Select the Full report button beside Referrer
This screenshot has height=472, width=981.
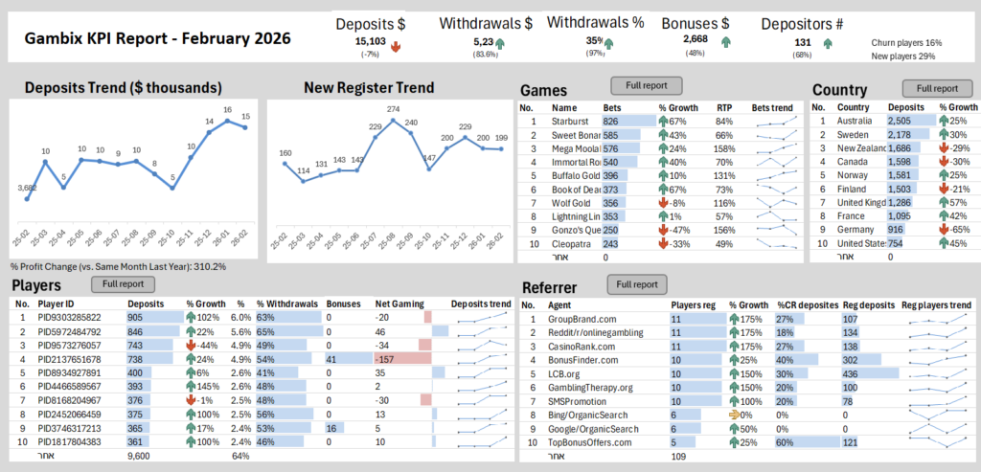637,284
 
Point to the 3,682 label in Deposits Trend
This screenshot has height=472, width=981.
26,188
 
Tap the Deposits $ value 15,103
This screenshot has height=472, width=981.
371,41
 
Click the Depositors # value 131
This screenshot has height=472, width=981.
802,42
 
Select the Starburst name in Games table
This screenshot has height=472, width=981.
570,122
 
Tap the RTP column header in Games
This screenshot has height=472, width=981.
724,107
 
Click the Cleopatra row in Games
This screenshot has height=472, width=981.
571,244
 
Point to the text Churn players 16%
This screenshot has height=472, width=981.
906,43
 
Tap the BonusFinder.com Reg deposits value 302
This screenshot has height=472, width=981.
850,359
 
